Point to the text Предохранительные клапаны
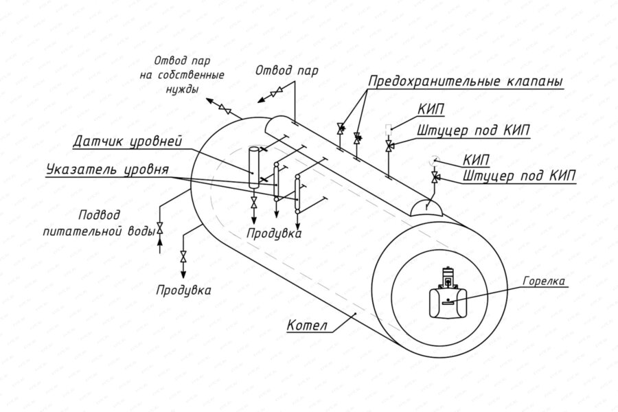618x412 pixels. [x=466, y=82]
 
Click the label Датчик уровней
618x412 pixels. [x=128, y=142]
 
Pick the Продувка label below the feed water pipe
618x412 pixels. [x=183, y=290]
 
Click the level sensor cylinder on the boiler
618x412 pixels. [x=252, y=165]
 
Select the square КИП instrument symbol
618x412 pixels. [x=389, y=128]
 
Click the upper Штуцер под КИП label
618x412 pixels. [x=474, y=130]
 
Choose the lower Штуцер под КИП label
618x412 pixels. [x=519, y=175]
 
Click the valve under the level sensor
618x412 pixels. [x=253, y=201]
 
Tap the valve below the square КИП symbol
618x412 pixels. [x=389, y=146]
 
